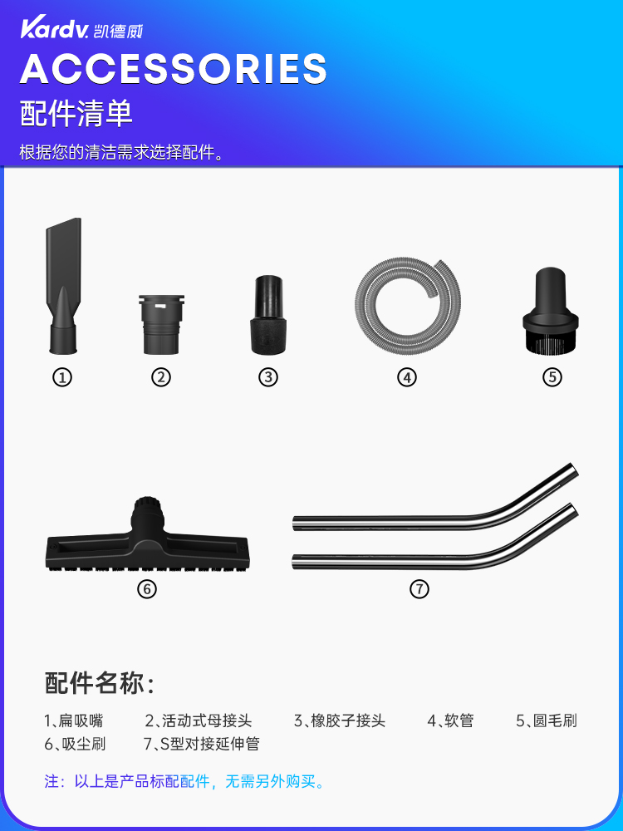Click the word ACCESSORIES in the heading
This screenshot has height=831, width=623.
click(x=173, y=68)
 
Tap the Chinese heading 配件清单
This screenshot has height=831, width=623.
click(x=76, y=114)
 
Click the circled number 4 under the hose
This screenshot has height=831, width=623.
click(x=406, y=377)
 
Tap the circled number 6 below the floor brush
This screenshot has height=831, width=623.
click(x=146, y=589)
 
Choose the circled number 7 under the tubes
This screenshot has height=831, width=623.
click(x=419, y=589)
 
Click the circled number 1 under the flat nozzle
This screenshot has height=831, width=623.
click(x=62, y=377)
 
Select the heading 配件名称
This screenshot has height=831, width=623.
click(x=100, y=683)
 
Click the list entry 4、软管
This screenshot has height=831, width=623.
click(x=450, y=720)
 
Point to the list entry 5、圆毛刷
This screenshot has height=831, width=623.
click(x=546, y=720)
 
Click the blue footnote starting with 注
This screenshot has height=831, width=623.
click(x=184, y=781)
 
